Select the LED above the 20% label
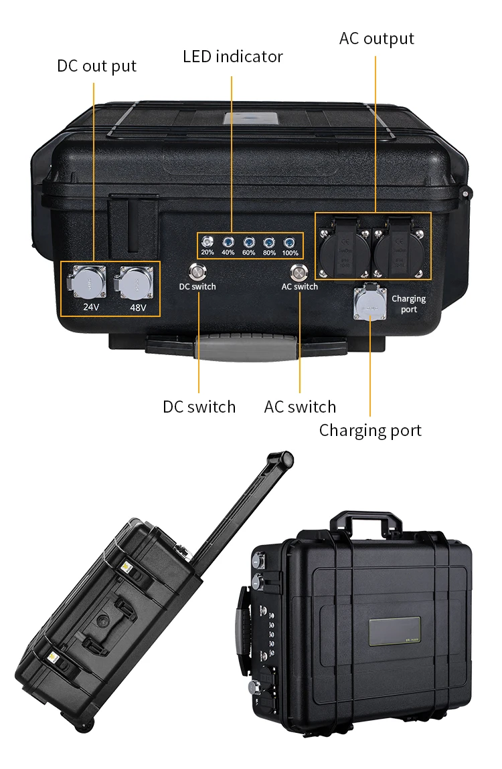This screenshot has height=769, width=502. click(207, 242)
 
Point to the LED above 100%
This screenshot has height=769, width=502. click(290, 242)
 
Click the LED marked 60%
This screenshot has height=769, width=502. click(249, 242)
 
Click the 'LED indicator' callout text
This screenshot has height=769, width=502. click(233, 57)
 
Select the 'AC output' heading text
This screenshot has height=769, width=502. click(376, 39)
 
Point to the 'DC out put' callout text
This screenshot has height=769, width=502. click(96, 66)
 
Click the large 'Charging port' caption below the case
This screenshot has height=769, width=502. click(370, 430)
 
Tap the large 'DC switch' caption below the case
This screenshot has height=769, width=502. click(199, 407)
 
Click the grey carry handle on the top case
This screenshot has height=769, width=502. click(248, 347)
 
